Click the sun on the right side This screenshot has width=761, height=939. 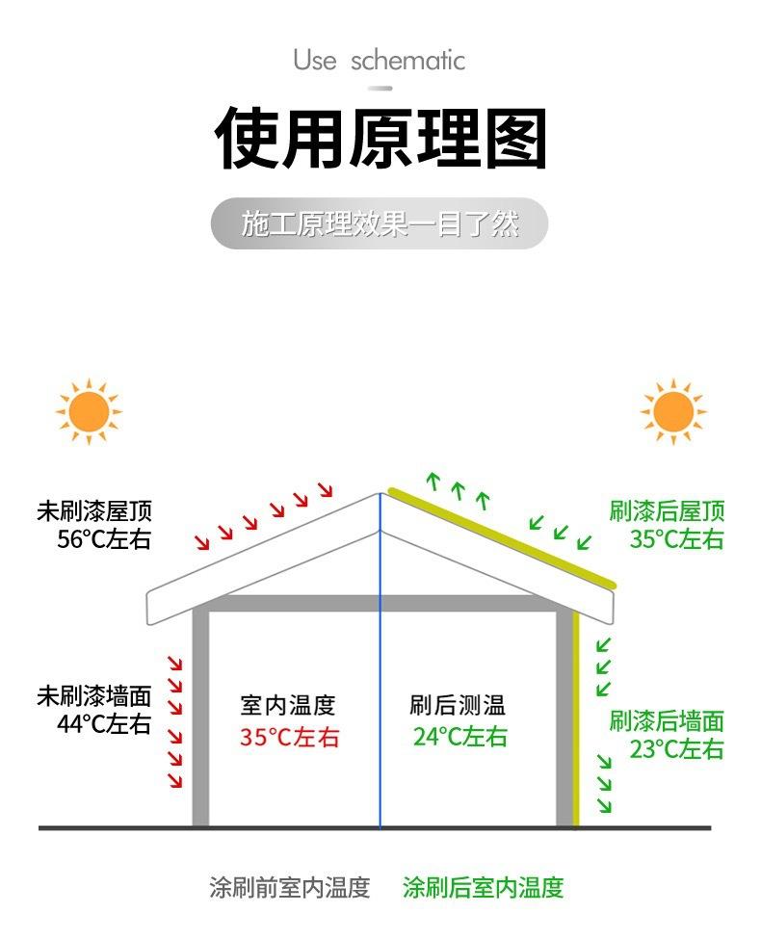click(673, 412)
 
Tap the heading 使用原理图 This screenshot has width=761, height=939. click(380, 139)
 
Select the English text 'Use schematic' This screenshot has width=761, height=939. click(380, 61)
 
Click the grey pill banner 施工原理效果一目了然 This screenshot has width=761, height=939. click(380, 224)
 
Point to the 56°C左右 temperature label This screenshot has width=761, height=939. click(104, 539)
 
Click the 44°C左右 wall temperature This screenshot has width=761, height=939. click(104, 724)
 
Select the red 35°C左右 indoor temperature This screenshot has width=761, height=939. click(290, 738)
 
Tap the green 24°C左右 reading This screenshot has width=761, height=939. click(459, 738)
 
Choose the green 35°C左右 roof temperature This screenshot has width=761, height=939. click(676, 539)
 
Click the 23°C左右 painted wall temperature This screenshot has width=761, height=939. click(676, 749)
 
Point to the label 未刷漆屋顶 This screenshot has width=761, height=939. click(94, 511)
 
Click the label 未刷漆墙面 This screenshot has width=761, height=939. click(94, 696)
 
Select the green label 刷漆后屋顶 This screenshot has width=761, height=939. click(667, 511)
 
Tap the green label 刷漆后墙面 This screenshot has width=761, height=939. click(667, 720)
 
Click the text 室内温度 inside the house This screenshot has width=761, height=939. click(288, 706)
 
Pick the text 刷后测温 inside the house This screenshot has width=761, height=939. click(458, 706)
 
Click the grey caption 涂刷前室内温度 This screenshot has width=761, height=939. click(290, 887)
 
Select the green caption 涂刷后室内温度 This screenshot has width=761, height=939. click(483, 887)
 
